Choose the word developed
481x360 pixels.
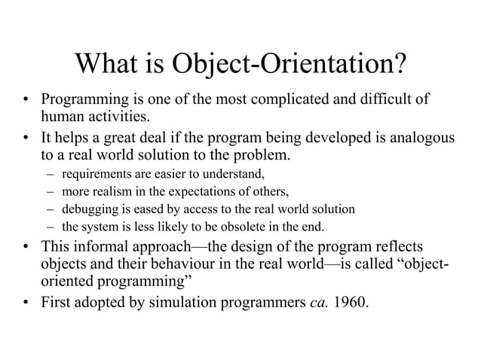(x=329, y=139)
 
